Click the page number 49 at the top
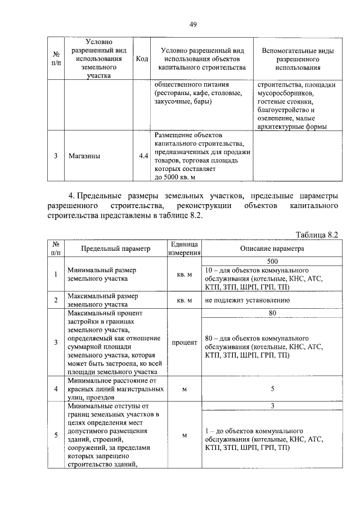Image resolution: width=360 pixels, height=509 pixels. click(x=192, y=24)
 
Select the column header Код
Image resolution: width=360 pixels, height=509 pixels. click(x=142, y=59)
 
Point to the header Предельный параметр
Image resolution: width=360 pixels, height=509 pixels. click(x=115, y=248)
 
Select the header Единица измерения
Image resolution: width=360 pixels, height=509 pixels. click(x=182, y=248)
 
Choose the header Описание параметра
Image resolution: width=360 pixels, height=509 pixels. click(x=272, y=248)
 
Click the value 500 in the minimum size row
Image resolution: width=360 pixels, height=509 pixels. click(x=272, y=262)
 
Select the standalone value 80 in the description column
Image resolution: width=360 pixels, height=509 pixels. click(x=272, y=313)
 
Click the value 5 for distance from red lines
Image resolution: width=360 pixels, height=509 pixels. click(x=272, y=388)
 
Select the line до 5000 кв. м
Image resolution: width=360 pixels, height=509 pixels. click(x=174, y=177)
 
